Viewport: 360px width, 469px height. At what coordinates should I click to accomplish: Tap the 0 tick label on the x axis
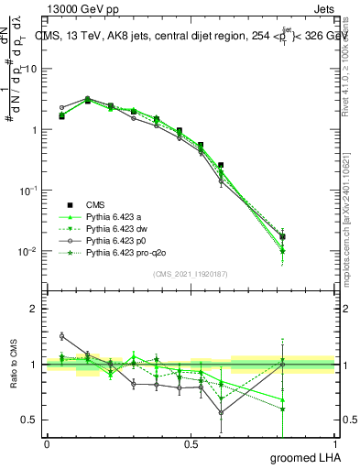47,442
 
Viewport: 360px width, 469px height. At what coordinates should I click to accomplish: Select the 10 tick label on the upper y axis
31,70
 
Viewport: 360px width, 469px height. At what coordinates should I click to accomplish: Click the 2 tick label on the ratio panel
35,310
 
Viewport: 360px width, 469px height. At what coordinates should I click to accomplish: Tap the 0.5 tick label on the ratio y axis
29,420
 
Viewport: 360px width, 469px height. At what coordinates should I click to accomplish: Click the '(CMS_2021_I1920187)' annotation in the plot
190,274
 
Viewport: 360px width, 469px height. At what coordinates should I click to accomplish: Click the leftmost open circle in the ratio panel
61,336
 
